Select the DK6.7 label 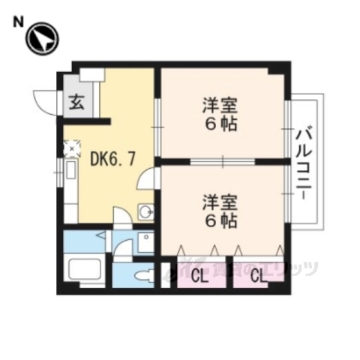click(112, 158)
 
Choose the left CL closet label click(199, 276)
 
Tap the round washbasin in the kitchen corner click(146, 212)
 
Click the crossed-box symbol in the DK click(73, 148)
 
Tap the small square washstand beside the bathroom click(145, 241)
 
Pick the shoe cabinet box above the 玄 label click(93, 75)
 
